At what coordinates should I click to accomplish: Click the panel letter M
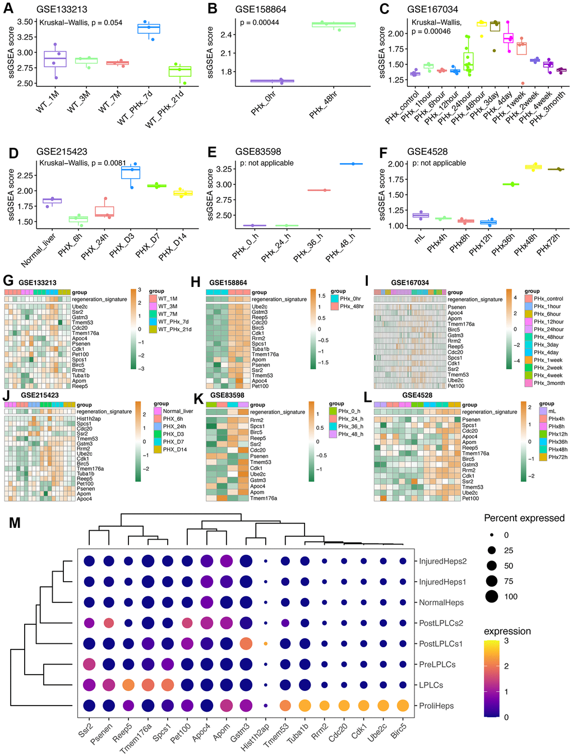(15, 522)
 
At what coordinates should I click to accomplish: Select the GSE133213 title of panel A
(62, 10)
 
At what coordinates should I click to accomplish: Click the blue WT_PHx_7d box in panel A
(149, 29)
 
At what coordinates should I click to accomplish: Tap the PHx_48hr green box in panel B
(333, 24)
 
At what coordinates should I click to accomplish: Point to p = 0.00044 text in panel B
(259, 22)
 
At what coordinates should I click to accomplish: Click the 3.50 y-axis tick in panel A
(25, 22)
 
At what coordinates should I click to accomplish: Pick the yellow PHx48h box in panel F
(532, 168)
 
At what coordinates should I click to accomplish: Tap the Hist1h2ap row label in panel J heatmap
(89, 419)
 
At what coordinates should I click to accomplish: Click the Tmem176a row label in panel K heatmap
(264, 498)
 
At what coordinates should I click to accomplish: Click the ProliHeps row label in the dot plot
(436, 706)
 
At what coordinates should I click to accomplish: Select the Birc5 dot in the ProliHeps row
(403, 706)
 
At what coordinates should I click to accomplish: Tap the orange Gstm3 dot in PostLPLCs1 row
(246, 643)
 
